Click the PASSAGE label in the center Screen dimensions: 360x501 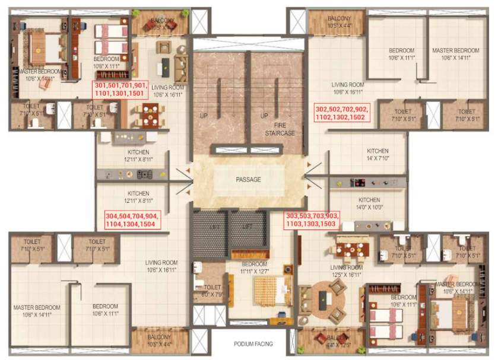pyautogui.click(x=248, y=179)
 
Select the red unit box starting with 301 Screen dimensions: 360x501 pyautogui.click(x=120, y=90)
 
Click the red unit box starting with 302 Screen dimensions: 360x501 pyautogui.click(x=342, y=113)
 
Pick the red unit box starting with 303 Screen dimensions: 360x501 pyautogui.click(x=312, y=220)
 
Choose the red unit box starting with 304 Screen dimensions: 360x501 pyautogui.click(x=129, y=220)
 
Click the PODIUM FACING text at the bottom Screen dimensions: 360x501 pyautogui.click(x=248, y=344)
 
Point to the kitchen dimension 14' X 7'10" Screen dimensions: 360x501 pyautogui.click(x=378, y=158)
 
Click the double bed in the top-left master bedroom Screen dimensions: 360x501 pyautogui.click(x=43, y=46)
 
